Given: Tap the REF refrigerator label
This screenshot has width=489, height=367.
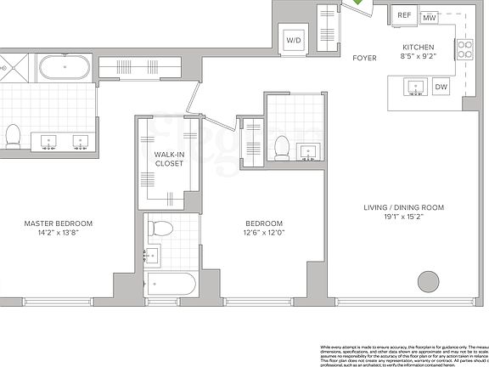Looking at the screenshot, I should click(x=404, y=16).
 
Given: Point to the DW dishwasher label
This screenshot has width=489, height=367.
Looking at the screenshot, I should click(x=441, y=87).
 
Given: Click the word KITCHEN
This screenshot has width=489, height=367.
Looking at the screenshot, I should click(x=419, y=48).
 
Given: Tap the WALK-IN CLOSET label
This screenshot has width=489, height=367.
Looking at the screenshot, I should click(x=169, y=159).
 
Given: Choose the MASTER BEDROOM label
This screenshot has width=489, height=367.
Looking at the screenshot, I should click(x=59, y=223).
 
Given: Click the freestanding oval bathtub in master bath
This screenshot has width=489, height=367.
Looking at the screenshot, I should click(x=65, y=66).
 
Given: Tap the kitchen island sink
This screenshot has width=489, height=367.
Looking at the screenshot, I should click(x=416, y=86).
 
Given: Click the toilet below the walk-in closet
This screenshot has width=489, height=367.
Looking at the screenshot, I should click(x=159, y=227).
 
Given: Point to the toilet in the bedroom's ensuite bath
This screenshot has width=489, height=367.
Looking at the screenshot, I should click(x=282, y=145).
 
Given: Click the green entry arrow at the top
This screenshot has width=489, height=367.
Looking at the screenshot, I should click(x=361, y=3).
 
